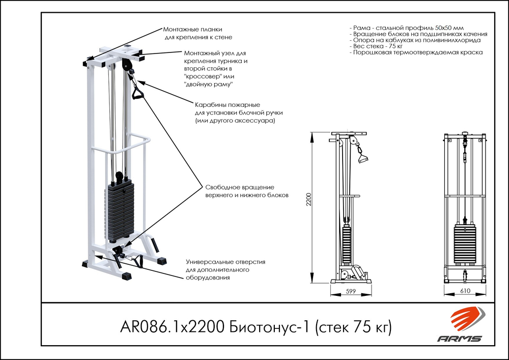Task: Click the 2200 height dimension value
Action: [x=307, y=204]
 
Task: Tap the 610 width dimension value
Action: [x=465, y=291]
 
